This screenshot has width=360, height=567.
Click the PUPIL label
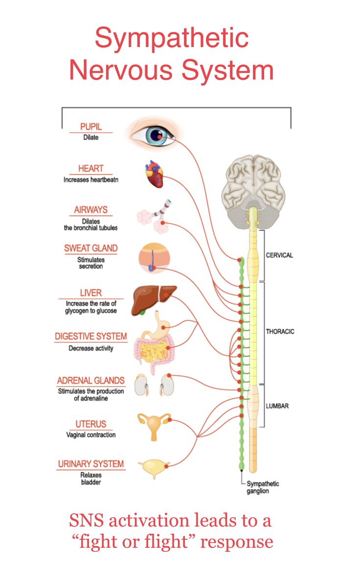point(90,127)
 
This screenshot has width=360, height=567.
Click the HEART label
point(90,169)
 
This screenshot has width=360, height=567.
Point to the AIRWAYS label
point(90,210)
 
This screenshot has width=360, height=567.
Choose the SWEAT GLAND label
point(91,248)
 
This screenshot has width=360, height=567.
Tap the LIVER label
point(90,293)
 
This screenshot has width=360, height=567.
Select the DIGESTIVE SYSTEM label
point(91,337)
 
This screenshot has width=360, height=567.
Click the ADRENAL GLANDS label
point(91,381)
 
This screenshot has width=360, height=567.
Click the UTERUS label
point(91,424)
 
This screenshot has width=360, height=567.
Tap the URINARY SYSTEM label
point(91,464)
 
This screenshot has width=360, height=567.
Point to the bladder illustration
point(154,468)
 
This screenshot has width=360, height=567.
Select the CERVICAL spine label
point(279,255)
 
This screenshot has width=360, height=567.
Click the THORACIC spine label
point(280,332)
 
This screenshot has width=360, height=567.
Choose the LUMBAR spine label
point(277,406)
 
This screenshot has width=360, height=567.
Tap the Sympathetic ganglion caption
point(263,487)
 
